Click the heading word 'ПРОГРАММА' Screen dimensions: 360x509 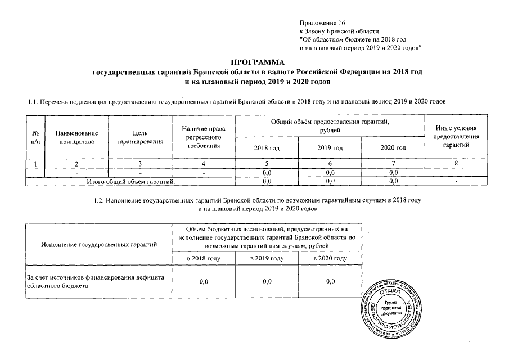[255, 62]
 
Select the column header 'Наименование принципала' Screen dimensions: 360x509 [78, 137]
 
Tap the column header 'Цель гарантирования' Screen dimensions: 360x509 [140, 137]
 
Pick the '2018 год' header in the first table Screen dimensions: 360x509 [267, 147]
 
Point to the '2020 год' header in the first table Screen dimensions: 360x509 [394, 147]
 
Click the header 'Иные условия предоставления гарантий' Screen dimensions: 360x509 [456, 137]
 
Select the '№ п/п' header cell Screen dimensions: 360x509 [35, 137]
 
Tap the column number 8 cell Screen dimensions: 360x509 [456, 164]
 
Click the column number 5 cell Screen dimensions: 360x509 [267, 164]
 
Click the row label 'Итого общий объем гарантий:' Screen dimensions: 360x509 [130, 181]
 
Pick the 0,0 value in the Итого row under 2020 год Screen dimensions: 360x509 [394, 181]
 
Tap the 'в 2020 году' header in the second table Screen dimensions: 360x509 [330, 258]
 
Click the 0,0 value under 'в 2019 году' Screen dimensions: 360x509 [267, 281]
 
